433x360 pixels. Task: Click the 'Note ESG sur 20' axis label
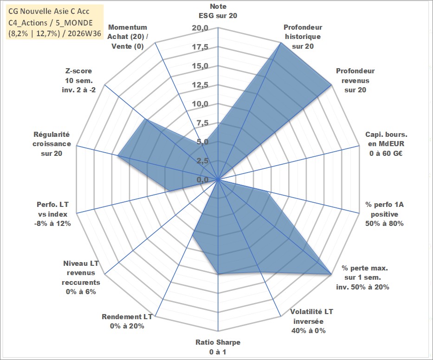click(x=218, y=11)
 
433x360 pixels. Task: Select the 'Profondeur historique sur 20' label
click(x=303, y=37)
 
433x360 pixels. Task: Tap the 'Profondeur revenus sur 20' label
click(x=355, y=80)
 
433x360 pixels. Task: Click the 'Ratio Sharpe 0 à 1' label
click(x=218, y=347)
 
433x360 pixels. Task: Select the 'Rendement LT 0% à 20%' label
click(x=127, y=321)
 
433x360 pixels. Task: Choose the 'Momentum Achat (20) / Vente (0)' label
click(x=128, y=37)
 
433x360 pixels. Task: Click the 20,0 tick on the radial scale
click(x=200, y=28)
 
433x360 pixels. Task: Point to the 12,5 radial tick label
click(x=200, y=85)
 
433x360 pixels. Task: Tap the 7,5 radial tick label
click(x=202, y=123)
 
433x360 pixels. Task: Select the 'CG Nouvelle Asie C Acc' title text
click(x=49, y=11)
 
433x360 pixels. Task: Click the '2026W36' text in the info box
click(x=84, y=33)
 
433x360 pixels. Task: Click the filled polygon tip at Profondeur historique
click(x=280, y=43)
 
